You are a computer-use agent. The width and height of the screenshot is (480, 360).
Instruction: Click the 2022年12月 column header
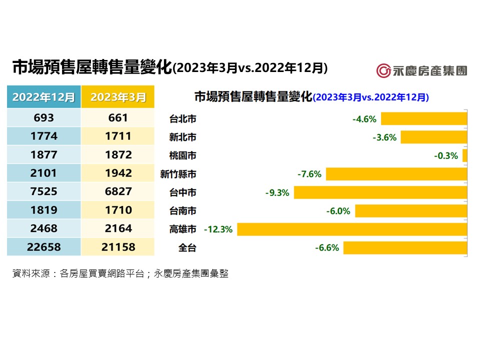tap(44, 96)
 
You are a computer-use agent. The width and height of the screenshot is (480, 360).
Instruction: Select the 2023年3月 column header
tap(118, 96)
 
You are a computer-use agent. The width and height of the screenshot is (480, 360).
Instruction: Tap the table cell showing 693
tap(44, 118)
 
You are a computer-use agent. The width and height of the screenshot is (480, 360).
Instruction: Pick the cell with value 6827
tap(118, 191)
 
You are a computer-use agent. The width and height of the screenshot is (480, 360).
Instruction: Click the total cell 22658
tap(44, 247)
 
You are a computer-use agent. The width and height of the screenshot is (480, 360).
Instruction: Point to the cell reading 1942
tap(118, 173)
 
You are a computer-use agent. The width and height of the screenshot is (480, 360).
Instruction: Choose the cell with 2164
tap(118, 228)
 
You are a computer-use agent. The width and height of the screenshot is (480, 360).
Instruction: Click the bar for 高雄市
tap(352, 229)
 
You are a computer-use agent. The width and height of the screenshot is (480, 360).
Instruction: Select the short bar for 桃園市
tap(465, 155)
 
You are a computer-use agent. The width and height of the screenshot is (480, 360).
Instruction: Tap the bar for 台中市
tap(380, 192)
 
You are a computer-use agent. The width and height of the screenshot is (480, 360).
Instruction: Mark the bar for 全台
tap(405, 248)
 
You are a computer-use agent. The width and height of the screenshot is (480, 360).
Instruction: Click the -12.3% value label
tap(218, 229)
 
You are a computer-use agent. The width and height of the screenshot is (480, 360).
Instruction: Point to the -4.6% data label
tap(364, 119)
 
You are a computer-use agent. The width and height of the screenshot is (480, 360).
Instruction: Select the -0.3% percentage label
tap(446, 156)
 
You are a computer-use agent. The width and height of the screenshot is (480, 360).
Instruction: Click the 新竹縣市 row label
tap(178, 174)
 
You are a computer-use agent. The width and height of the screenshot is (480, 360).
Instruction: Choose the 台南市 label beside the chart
tap(182, 211)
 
